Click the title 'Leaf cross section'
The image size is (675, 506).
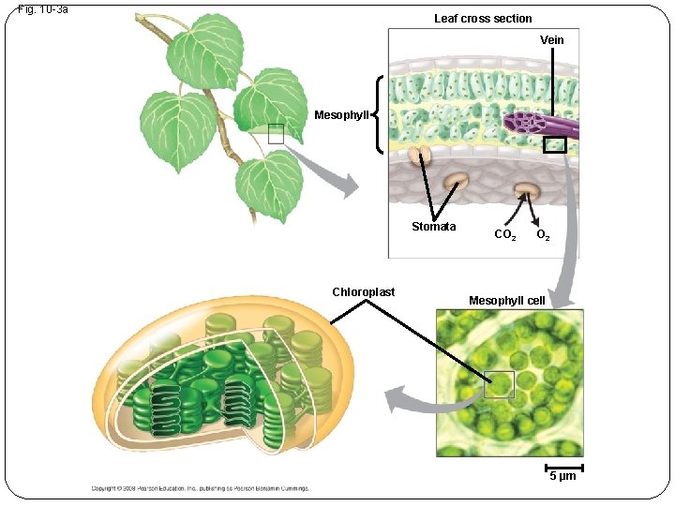483,19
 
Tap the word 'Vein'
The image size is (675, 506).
552,39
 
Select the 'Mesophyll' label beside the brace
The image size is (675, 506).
342,115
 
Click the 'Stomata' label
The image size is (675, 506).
433,227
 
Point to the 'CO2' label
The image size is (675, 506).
504,235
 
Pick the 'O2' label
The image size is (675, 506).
543,235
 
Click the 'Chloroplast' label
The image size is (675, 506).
363,291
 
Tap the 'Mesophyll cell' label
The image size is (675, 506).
506,300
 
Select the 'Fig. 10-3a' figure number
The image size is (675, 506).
43,9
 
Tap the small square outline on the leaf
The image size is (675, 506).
275,134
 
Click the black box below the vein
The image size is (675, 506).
554,144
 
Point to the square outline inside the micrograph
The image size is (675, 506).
500,384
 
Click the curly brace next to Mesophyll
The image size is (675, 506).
378,115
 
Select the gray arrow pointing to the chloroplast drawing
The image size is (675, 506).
427,398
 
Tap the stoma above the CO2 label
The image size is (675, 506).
526,191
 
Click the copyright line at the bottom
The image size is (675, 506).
200,487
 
